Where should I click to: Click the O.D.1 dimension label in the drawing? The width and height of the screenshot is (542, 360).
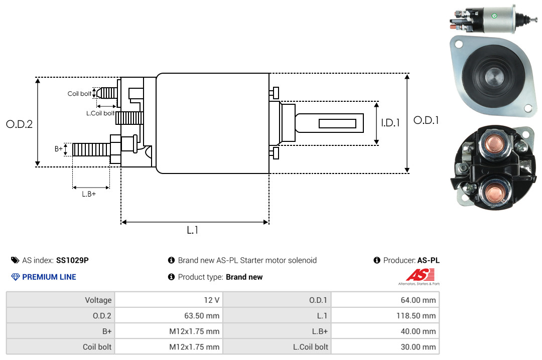click(x=426, y=120)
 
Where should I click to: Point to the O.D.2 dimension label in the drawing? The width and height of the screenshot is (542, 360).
click(x=20, y=124)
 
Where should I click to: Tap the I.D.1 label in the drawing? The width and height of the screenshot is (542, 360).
click(x=390, y=123)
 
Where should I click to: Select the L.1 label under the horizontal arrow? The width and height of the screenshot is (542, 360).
click(x=193, y=230)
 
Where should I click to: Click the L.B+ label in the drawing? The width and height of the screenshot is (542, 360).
click(x=89, y=194)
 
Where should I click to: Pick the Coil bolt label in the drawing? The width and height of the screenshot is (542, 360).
click(x=79, y=94)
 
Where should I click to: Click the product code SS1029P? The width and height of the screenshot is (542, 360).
click(x=72, y=260)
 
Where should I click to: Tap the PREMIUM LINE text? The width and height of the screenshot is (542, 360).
click(x=49, y=277)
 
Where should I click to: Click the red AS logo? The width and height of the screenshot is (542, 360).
click(x=421, y=275)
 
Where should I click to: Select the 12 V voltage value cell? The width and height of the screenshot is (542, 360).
click(x=169, y=300)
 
